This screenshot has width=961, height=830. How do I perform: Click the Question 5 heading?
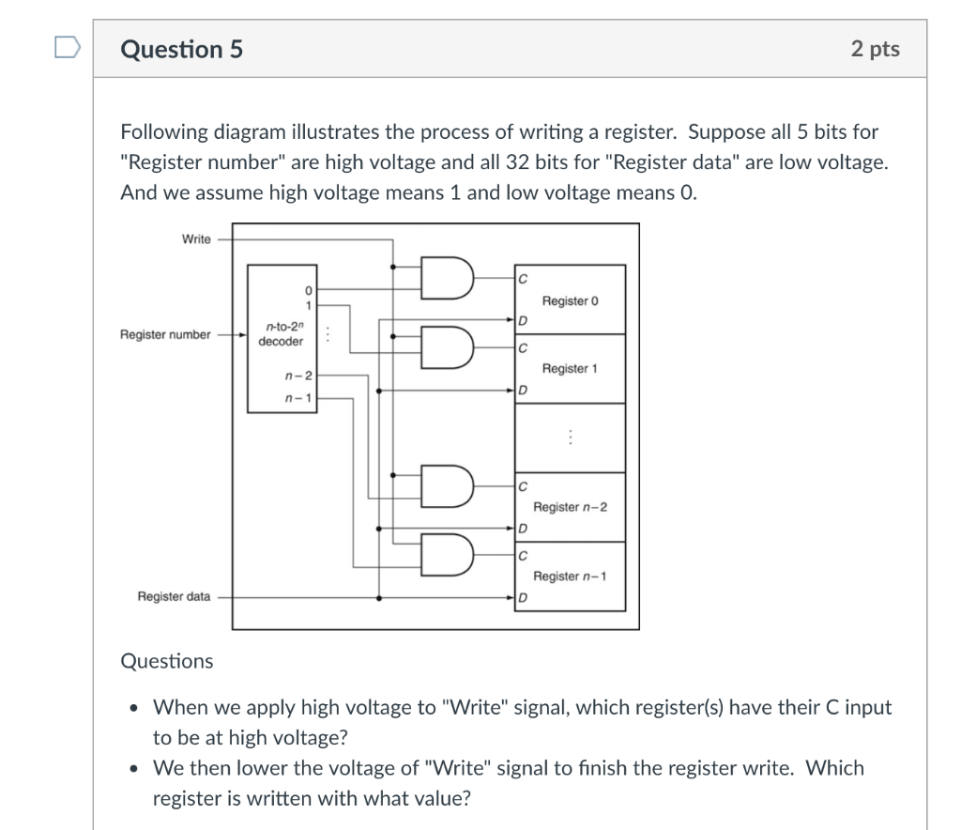181,49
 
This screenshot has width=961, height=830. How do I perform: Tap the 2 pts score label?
875,49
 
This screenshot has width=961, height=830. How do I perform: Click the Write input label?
196,239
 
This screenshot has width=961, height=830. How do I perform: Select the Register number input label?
164,334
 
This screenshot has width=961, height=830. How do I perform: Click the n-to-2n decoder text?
281,334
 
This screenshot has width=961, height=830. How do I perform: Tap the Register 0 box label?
570,300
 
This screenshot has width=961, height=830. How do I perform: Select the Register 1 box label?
570,369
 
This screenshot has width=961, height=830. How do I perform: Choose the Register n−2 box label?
570,507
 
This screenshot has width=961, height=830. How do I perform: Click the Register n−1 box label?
570,576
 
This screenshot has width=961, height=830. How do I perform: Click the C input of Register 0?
522,278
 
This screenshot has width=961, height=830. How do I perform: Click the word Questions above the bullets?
167,661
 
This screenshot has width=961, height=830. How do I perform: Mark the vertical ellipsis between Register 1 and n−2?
570,438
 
